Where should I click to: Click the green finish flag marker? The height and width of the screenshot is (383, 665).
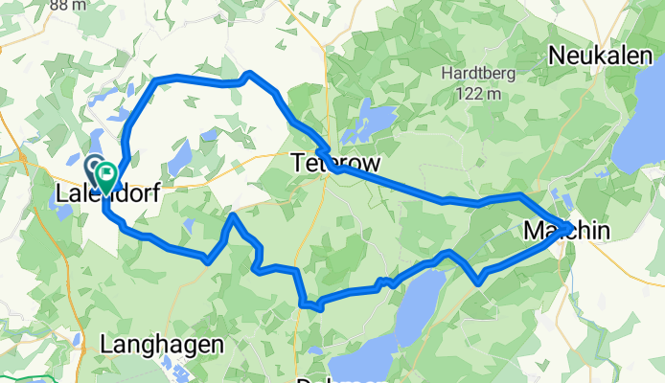coord(106,173)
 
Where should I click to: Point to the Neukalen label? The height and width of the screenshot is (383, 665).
coord(594,56)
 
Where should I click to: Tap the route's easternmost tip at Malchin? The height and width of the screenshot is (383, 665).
coord(571,227)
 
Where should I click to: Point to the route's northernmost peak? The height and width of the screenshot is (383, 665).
coord(248,74)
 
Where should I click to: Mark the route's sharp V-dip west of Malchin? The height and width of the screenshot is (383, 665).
coord(478,281)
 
